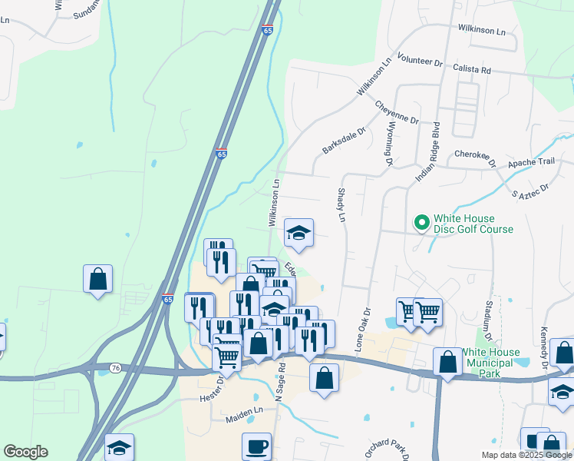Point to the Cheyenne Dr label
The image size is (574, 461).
[x=397, y=112]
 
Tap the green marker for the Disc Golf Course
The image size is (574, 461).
[x=421, y=223]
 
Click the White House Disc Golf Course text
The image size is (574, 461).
[x=473, y=224]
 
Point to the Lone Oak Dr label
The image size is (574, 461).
[x=363, y=330]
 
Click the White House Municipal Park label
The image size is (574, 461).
[x=490, y=363]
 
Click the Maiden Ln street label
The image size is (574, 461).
[x=244, y=420]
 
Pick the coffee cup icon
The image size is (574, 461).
[x=256, y=446]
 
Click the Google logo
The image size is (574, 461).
[x=25, y=452]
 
